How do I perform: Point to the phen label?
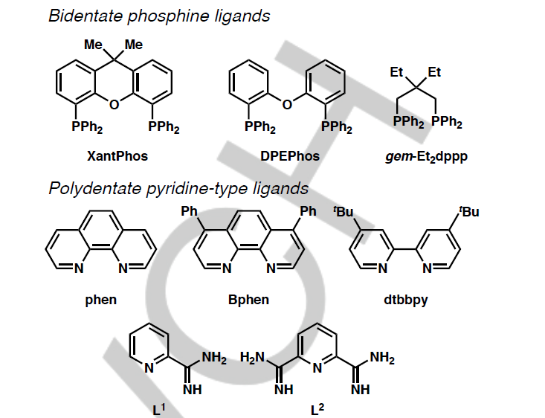(x=101, y=300)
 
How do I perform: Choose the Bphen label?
(x=248, y=300)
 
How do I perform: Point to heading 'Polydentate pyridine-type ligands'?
(x=178, y=187)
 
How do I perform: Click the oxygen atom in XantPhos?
(x=114, y=105)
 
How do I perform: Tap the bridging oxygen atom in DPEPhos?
(x=287, y=104)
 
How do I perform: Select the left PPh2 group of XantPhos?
(x=88, y=128)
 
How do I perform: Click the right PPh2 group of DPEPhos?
(x=336, y=128)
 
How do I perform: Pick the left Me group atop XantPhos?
(x=94, y=45)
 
